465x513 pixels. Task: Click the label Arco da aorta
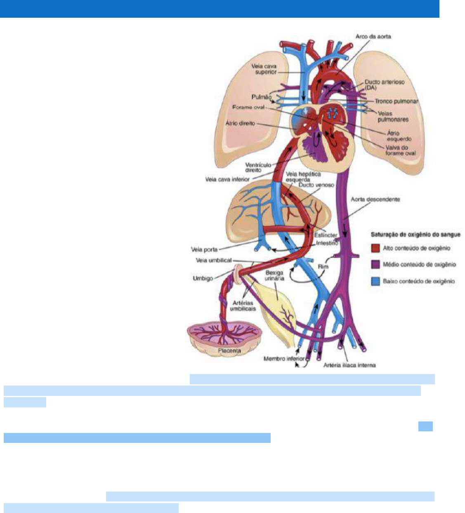pos(373,37)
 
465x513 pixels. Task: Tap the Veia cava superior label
pos(264,69)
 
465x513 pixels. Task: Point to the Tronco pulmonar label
pos(396,101)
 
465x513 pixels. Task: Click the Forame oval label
pos(248,107)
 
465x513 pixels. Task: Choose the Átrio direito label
pos(240,123)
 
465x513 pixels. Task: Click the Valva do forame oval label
pos(400,150)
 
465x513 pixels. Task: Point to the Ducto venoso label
pos(316,185)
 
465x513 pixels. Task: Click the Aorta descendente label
pos(375,200)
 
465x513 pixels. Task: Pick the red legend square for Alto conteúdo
pos(375,248)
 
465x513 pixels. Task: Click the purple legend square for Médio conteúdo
pos(375,265)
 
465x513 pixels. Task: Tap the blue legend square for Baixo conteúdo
pos(375,282)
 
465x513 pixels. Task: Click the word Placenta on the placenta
pos(229,351)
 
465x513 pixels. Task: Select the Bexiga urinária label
pos(274,275)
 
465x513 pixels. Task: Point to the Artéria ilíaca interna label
pos(349,365)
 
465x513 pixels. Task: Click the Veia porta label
pos(204,249)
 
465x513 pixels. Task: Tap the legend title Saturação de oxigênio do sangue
pos(415,235)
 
